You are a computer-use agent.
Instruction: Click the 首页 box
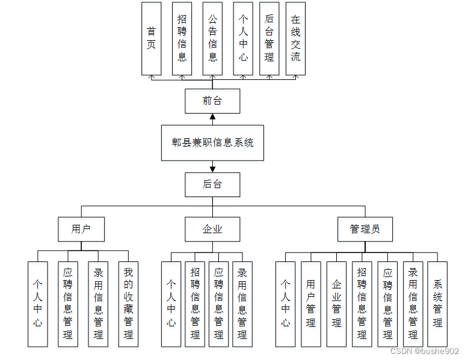tap(151, 38)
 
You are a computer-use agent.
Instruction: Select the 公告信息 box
tap(212, 38)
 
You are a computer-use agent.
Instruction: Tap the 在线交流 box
tap(295, 38)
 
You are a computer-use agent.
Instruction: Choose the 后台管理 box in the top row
tap(269, 38)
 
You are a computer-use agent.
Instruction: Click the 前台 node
tap(212, 101)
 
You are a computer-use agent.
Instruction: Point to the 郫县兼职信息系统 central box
tap(212, 143)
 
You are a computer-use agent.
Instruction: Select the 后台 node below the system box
tap(212, 185)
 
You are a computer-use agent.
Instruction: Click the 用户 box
tap(81, 229)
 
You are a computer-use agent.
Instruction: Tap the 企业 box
tap(212, 229)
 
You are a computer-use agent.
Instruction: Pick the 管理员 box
tap(365, 229)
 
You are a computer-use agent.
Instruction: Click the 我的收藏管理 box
tap(128, 304)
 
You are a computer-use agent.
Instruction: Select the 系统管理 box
tap(437, 304)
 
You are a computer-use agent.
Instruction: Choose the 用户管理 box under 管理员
tap(310, 304)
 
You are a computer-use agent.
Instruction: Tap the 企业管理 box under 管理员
tap(336, 304)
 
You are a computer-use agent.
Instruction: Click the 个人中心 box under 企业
tap(171, 304)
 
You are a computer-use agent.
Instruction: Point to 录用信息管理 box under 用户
tap(98, 304)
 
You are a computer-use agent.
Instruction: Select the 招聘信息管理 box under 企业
tap(195, 304)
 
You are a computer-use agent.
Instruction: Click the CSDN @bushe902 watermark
tap(425, 351)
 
